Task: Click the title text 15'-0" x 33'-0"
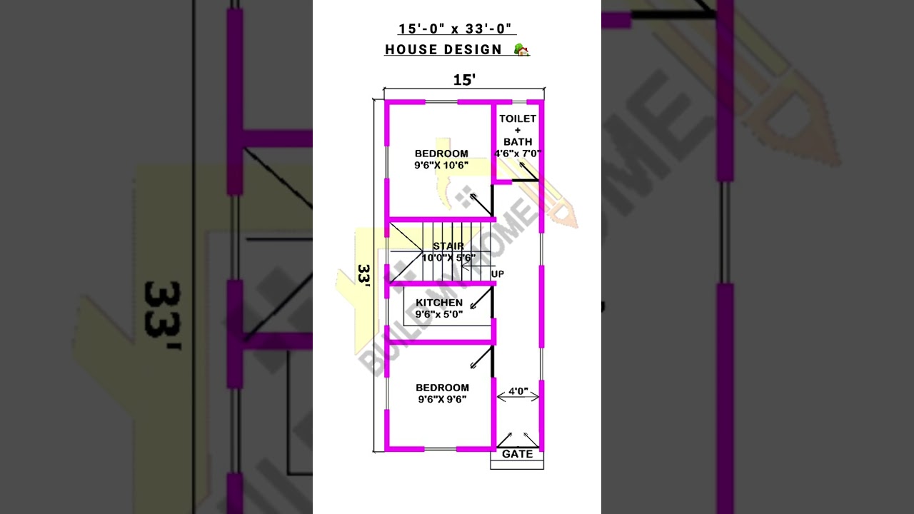point(457,29)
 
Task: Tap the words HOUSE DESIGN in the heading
point(443,50)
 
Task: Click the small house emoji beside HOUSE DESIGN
point(522,50)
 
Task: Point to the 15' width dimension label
point(464,80)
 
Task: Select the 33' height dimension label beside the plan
point(364,276)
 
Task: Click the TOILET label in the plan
point(518,119)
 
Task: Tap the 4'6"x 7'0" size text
point(518,153)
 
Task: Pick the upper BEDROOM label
point(441,153)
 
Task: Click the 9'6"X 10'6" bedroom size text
point(441,165)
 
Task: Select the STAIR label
point(448,246)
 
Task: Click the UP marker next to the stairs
point(498,274)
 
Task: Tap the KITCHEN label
point(439,303)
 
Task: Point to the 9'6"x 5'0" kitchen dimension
point(439,314)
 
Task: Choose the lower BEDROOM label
point(443,388)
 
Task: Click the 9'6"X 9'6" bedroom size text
point(443,399)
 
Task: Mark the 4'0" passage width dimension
point(518,391)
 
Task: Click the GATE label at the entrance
point(517,454)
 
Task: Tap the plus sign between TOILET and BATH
point(518,130)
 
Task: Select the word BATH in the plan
point(518,141)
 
